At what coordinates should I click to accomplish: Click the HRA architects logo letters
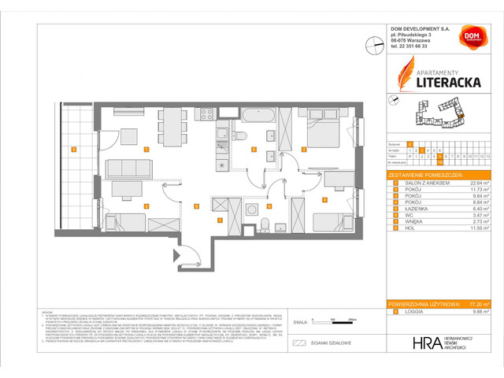tap(405, 343)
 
